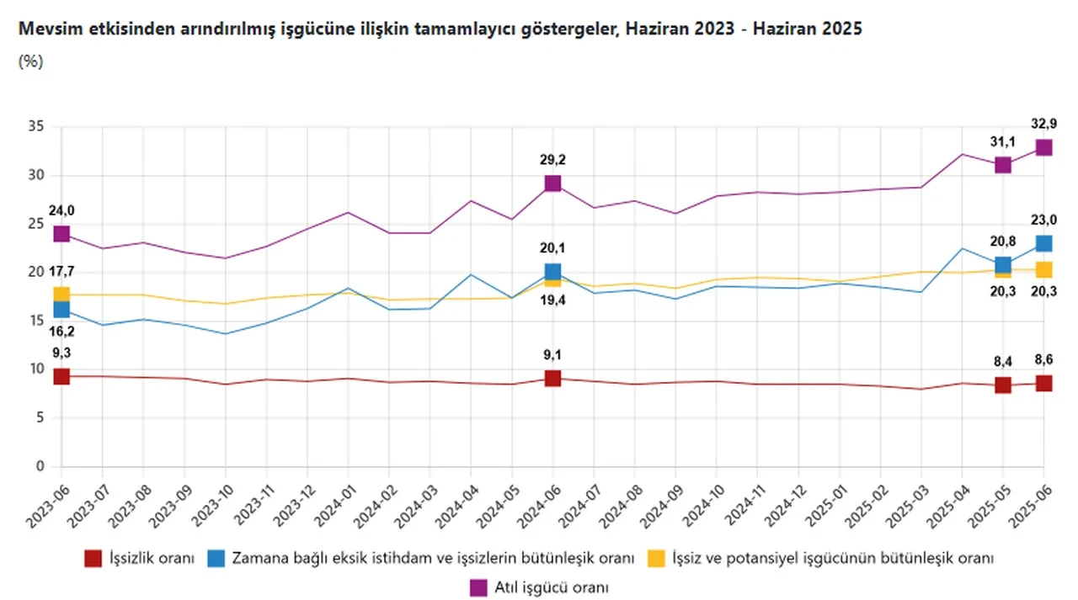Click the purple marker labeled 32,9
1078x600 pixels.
pyautogui.click(x=1043, y=147)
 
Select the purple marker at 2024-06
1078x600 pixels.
pyautogui.click(x=552, y=183)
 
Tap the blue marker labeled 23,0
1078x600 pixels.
pyautogui.click(x=1043, y=243)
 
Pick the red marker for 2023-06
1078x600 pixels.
pyautogui.click(x=61, y=376)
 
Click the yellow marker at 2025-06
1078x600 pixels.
pyautogui.click(x=1043, y=269)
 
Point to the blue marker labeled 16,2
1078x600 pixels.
pyautogui.click(x=61, y=310)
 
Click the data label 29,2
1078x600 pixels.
pyautogui.click(x=552, y=160)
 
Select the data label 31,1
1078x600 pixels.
pyautogui.click(x=1002, y=141)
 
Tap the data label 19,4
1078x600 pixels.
pyautogui.click(x=552, y=300)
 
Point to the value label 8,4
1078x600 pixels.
pyautogui.click(x=1002, y=362)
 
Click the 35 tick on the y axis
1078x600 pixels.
pyautogui.click(x=35, y=127)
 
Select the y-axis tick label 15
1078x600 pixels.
pyautogui.click(x=35, y=321)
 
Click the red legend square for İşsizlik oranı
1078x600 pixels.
pyautogui.click(x=93, y=559)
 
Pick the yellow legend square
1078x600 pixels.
pyautogui.click(x=655, y=559)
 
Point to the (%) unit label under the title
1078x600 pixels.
pyautogui.click(x=30, y=61)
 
